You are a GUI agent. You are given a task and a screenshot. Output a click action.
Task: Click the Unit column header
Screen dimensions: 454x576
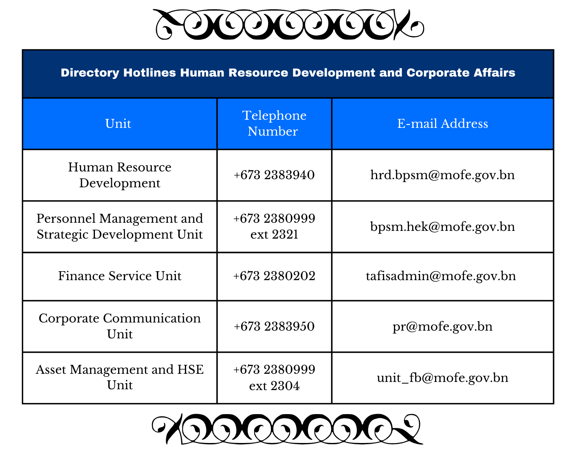[118, 123]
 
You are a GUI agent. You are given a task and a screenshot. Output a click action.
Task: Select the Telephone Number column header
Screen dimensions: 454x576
[274, 123]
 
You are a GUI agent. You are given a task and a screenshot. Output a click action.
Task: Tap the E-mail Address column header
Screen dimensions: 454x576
[442, 123]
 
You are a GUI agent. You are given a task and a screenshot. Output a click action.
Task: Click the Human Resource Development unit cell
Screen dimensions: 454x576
[120, 175]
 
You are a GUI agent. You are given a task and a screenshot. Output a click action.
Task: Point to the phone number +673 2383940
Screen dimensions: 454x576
[274, 175]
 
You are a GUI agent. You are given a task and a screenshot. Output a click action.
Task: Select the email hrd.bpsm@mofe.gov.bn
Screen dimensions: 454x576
[442, 175]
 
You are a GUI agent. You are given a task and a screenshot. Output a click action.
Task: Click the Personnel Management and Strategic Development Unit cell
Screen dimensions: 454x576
[120, 226]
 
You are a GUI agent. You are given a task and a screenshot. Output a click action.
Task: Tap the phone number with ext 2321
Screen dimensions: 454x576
[274, 226]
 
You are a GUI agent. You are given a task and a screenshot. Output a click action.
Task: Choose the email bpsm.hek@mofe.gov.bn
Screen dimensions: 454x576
[442, 226]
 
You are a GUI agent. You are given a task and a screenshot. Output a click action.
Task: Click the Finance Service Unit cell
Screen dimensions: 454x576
[120, 276]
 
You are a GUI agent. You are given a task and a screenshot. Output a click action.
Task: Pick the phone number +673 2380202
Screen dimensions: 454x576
[274, 276]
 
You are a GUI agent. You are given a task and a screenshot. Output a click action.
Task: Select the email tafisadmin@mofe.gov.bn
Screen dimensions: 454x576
[441, 276]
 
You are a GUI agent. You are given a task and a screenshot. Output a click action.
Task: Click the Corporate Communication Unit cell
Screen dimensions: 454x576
[120, 326]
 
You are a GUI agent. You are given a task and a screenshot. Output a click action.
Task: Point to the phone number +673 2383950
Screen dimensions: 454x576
[274, 326]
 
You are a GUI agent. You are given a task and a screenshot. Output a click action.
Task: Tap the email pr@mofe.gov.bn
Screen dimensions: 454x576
[442, 326]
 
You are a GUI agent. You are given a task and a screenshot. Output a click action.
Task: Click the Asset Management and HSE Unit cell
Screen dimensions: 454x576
[120, 377]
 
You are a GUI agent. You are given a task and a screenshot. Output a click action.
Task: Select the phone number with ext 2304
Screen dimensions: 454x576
[274, 377]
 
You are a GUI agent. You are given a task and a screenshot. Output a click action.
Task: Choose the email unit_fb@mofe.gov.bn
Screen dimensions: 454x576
[442, 378]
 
